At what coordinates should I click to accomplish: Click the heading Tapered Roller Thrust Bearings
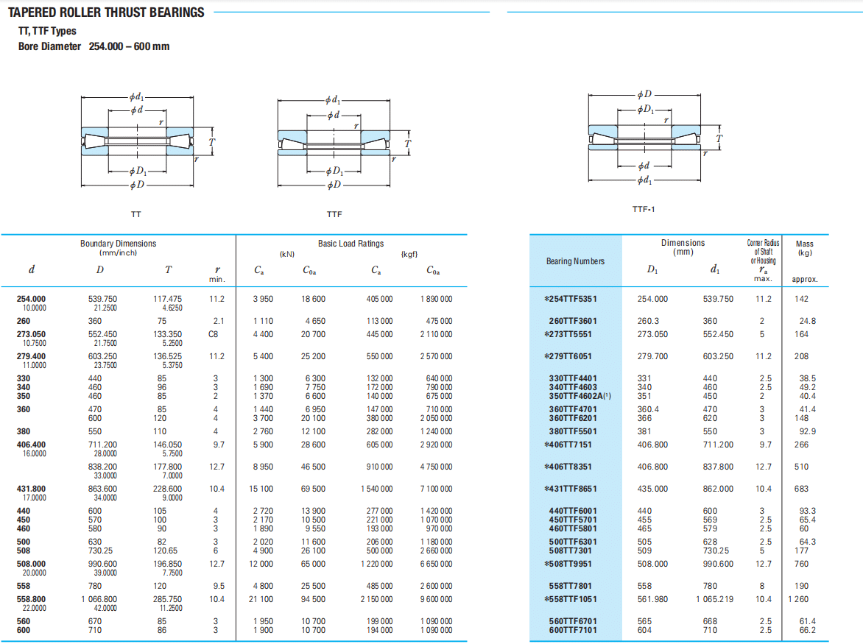[x=106, y=12]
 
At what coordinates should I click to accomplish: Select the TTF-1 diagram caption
[x=644, y=209]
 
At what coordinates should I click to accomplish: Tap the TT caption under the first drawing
[x=136, y=214]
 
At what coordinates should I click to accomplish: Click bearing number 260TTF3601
[x=572, y=321]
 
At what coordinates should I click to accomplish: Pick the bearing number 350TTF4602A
[x=580, y=396]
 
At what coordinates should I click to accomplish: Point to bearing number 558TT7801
[x=572, y=586]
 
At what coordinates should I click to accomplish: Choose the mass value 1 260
[x=801, y=599]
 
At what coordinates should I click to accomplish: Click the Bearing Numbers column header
[x=575, y=261]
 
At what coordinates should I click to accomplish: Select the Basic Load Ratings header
[x=351, y=243]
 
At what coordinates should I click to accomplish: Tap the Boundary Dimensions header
[x=119, y=243]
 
